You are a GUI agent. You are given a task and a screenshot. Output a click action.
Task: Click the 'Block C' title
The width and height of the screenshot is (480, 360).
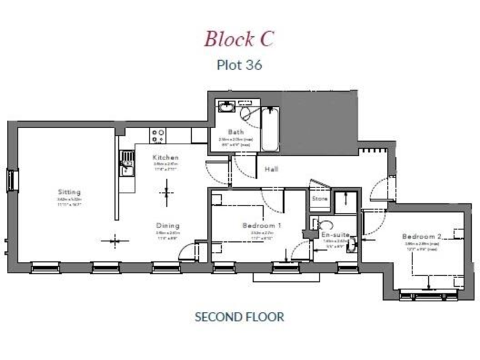239,38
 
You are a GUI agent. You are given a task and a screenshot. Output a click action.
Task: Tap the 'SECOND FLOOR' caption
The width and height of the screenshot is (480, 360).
239,317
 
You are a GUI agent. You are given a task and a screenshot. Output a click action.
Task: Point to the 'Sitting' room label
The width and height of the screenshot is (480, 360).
69,192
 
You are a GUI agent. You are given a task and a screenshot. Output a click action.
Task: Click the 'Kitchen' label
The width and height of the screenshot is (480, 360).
166,157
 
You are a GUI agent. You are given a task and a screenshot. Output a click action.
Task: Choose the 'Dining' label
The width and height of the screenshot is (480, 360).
167,226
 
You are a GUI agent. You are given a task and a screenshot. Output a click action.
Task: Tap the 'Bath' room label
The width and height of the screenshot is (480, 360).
236,132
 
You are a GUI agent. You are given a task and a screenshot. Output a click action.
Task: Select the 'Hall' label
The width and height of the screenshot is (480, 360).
271,169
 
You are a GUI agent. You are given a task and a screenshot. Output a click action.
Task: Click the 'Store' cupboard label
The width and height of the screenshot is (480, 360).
319,199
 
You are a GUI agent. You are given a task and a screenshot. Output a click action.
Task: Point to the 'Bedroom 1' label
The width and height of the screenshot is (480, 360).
262,226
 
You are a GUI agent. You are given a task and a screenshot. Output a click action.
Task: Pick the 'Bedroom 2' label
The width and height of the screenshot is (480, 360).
422,236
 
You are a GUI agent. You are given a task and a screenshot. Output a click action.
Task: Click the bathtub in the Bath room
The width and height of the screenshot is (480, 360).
270,129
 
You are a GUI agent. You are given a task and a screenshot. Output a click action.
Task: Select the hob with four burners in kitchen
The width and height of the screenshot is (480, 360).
157,134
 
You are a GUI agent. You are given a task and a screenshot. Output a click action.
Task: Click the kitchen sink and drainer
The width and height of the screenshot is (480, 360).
127,163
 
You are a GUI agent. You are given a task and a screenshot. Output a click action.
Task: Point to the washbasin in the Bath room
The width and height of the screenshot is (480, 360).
225,107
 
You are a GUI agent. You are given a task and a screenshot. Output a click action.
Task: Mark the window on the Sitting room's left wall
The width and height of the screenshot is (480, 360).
11,181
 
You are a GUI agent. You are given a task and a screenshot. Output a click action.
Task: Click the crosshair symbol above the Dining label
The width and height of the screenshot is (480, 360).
166,192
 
